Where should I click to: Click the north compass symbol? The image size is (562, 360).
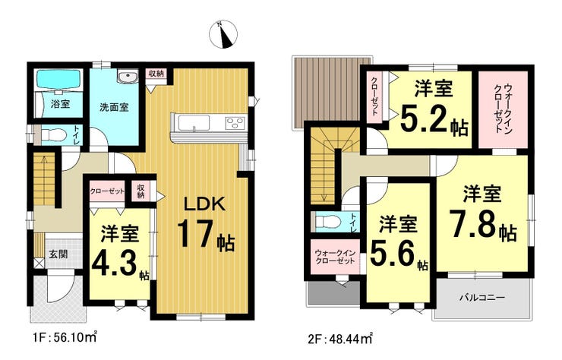coord(223,35)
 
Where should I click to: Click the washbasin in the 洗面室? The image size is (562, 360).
coord(127,77)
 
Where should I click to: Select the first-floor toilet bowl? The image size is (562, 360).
coord(53,135)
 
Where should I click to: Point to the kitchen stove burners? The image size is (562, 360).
coord(235,123)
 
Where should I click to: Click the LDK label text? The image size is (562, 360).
coord(204,204)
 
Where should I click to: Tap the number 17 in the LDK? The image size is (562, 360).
coord(196,233)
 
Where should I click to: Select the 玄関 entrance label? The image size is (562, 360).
coord(58,254)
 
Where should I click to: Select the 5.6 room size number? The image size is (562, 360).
coord(393,254)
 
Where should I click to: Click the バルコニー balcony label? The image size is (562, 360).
coord(482,298)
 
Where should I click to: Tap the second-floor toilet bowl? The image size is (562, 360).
coord(327,222)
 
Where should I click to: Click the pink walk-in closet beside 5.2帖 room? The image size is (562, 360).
coord(504,109)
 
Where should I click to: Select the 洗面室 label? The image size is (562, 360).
coord(114,107)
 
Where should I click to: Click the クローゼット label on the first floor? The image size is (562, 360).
coord(107,191)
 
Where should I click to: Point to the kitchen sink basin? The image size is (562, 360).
coord(194,123)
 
